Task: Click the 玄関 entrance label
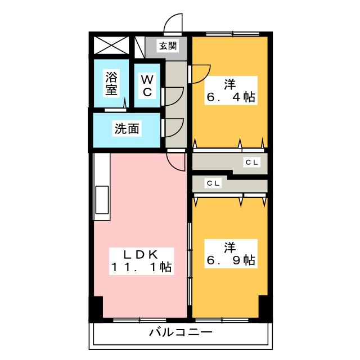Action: [168, 46]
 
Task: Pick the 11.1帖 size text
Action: [141, 267]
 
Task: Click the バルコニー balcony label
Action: [181, 332]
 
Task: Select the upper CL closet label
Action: [251, 163]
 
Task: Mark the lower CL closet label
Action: [212, 183]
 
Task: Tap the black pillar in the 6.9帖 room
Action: [263, 306]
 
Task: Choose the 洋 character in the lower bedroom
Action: [229, 246]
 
